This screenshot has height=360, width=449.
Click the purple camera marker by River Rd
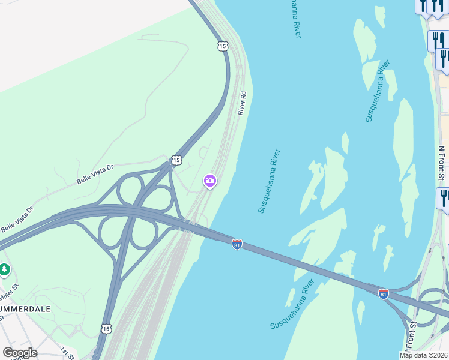[209, 180]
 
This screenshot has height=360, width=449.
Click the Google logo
[19, 353]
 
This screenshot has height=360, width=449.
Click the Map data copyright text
[424, 355]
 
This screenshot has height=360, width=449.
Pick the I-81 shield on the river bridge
[237, 244]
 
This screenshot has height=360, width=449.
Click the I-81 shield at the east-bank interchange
[384, 293]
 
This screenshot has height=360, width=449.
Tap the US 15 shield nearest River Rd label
[223, 46]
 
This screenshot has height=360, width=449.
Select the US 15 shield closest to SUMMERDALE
[106, 328]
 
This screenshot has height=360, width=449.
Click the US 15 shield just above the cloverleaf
[175, 160]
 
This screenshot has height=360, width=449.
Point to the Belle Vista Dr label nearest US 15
[95, 175]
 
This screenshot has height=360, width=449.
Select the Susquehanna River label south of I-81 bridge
[292, 304]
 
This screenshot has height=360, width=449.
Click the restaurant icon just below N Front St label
[443, 197]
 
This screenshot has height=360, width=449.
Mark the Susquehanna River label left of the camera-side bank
[270, 181]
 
